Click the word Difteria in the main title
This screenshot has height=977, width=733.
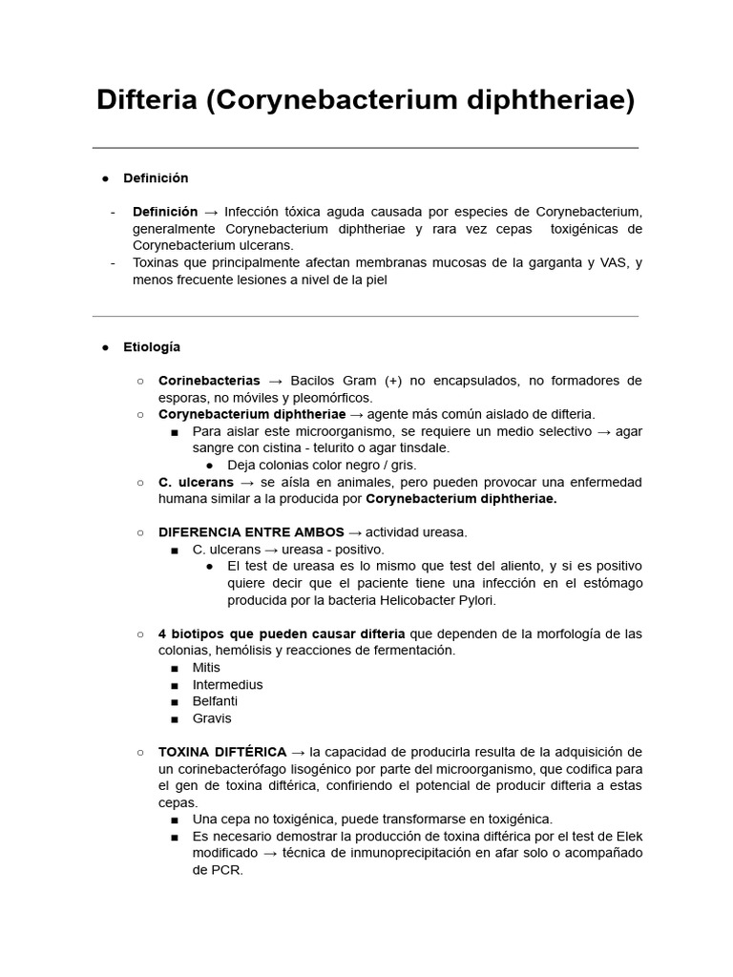point(147,100)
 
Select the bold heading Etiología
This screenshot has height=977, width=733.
point(152,347)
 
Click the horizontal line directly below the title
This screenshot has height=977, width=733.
point(366,148)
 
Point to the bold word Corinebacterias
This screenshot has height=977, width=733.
point(209,381)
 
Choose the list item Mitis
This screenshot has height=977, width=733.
point(206,668)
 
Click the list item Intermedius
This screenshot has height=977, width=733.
point(227,685)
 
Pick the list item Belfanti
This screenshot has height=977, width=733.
point(215,701)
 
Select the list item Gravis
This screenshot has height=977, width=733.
point(212,718)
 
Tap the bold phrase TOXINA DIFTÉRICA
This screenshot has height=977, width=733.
point(222,752)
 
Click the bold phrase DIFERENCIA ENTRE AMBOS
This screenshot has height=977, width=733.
point(251,532)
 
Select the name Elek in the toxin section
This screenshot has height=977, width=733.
point(626,836)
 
